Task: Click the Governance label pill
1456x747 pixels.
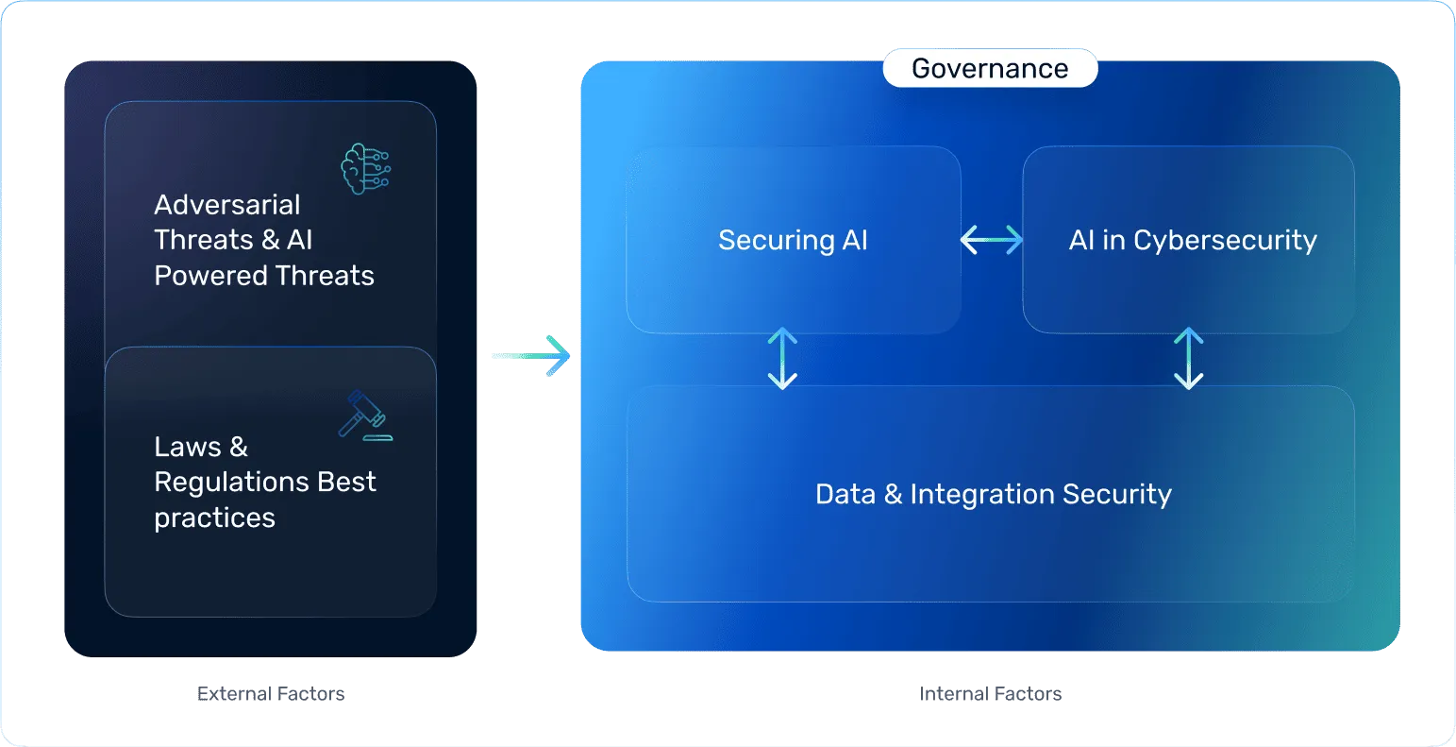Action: coord(990,69)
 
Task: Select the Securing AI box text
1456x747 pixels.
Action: coord(793,240)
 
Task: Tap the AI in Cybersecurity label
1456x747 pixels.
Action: coord(1192,240)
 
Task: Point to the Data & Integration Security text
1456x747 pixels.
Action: coord(993,494)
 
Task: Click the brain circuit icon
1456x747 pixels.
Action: coord(365,169)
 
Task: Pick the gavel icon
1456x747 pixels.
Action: coord(364,416)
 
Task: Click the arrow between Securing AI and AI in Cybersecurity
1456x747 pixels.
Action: coord(991,240)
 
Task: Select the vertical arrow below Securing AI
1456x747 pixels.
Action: coord(782,359)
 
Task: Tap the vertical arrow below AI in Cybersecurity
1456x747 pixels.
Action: coord(1188,359)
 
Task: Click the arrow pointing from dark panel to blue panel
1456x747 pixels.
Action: coord(531,354)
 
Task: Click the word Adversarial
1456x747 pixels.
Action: coord(226,205)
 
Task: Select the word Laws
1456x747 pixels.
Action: coord(188,447)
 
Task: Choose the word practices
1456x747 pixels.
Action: coord(214,518)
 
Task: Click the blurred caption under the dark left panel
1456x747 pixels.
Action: coord(272,694)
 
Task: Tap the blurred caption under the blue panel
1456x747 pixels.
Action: coord(992,694)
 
